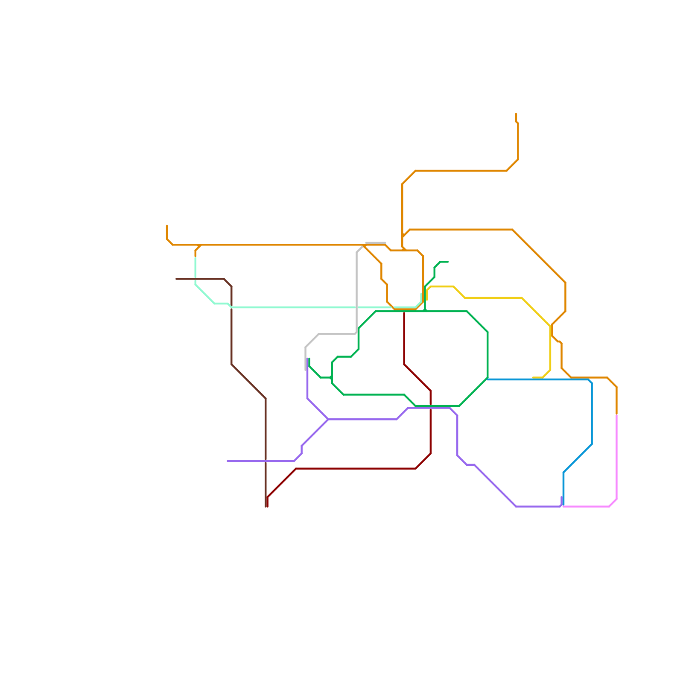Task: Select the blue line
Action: click(592, 410)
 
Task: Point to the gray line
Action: click(356, 290)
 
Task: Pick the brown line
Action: click(232, 333)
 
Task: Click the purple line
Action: click(363, 419)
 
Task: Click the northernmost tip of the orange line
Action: click(516, 114)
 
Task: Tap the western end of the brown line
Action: click(176, 279)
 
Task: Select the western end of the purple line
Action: click(228, 461)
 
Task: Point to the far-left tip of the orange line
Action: click(167, 226)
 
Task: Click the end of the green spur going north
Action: click(448, 262)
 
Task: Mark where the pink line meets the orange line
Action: click(616, 414)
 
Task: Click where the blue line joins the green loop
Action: click(487, 379)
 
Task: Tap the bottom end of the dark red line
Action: click(267, 506)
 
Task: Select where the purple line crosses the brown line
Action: click(266, 461)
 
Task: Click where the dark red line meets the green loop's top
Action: click(404, 312)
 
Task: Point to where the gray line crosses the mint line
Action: click(356, 307)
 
